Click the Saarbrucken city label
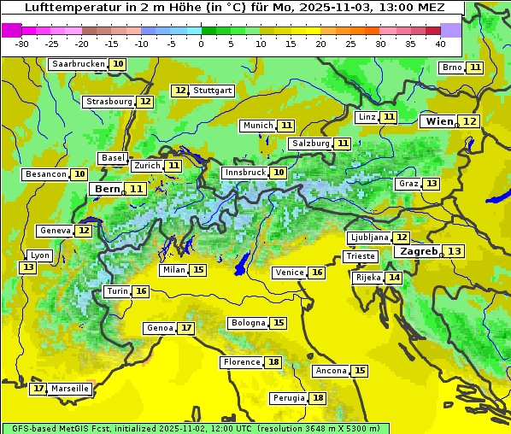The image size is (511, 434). [x=78, y=64]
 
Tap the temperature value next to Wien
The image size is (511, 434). [x=470, y=121]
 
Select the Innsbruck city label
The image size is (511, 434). [x=244, y=173]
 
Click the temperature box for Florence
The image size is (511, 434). [x=273, y=362]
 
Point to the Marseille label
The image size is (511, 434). [x=70, y=389]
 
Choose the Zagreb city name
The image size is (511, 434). [x=418, y=251]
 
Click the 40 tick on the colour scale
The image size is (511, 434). [x=440, y=44]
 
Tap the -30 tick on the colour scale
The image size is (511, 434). [x=22, y=44]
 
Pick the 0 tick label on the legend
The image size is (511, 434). [x=202, y=44]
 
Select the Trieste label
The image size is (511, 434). [x=360, y=256]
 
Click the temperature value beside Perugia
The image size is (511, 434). [x=318, y=398]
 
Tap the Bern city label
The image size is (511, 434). [x=108, y=189]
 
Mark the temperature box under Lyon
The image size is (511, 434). [x=28, y=267]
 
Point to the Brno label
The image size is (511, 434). [x=451, y=67]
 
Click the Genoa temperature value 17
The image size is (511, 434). [x=186, y=328]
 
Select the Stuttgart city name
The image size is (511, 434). [x=213, y=91]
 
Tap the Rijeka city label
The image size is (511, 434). [x=367, y=278]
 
